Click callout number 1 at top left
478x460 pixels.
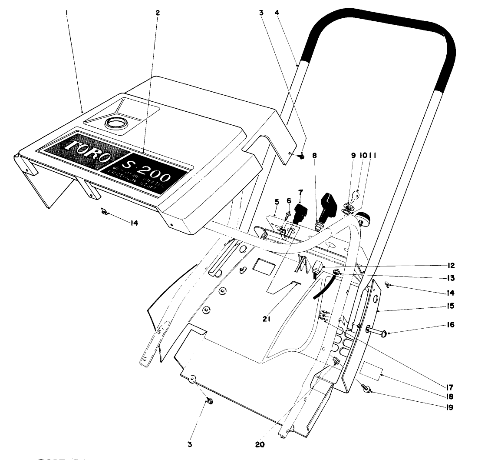pos(67,13)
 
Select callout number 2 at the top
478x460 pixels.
pos(158,13)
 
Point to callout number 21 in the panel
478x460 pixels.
pos(267,318)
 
